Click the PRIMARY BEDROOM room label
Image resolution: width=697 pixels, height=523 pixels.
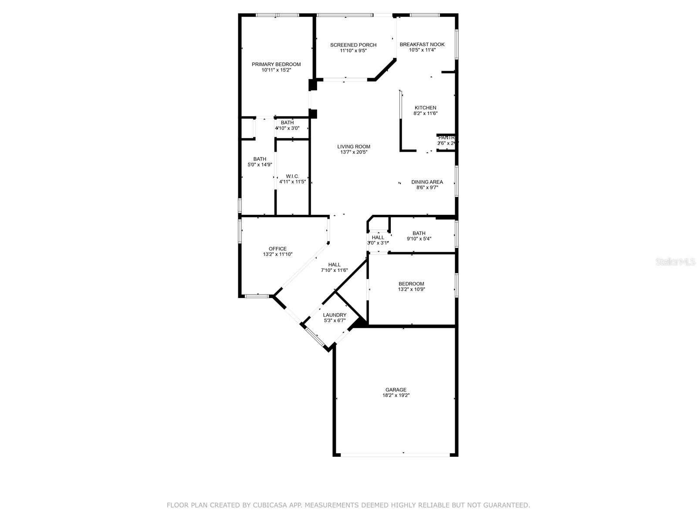pyautogui.click(x=276, y=65)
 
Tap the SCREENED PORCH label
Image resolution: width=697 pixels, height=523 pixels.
pyautogui.click(x=353, y=45)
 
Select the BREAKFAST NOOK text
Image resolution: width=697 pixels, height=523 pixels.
pyautogui.click(x=422, y=44)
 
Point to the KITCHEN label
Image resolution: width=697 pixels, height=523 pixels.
pyautogui.click(x=425, y=108)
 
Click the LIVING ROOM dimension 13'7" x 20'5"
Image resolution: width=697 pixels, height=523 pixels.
pyautogui.click(x=354, y=152)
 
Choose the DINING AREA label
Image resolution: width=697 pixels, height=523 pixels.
pyautogui.click(x=427, y=182)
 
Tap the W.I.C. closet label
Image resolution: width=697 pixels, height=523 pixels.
pyautogui.click(x=292, y=176)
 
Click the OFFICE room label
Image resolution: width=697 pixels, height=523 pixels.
pyautogui.click(x=277, y=249)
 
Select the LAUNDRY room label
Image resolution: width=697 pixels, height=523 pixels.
pyautogui.click(x=335, y=315)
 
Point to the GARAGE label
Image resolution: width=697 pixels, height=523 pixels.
pyautogui.click(x=396, y=390)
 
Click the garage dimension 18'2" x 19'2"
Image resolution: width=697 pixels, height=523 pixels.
pyautogui.click(x=396, y=396)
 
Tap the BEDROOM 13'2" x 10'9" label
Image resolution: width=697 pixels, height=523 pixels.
pyautogui.click(x=411, y=284)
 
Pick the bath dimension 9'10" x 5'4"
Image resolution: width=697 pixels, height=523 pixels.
pyautogui.click(x=419, y=238)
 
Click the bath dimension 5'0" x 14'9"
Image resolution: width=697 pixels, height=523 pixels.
pyautogui.click(x=260, y=165)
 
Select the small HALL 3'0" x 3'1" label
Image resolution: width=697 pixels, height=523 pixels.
pyautogui.click(x=378, y=238)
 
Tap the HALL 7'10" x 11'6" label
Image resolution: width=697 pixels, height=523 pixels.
pyautogui.click(x=334, y=265)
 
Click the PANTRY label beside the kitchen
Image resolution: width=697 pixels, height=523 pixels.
pyautogui.click(x=447, y=138)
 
